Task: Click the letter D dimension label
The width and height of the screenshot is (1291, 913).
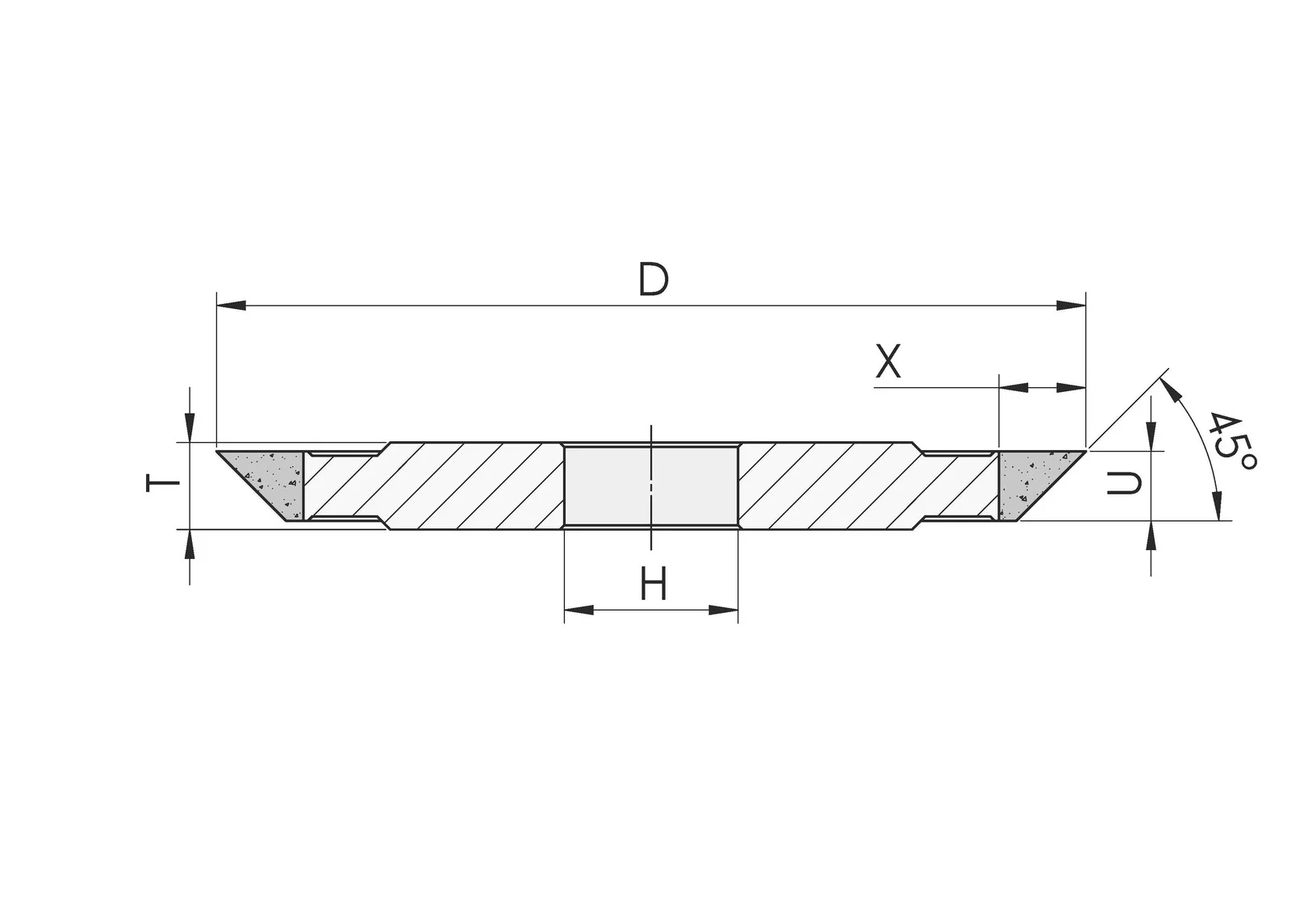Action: [654, 279]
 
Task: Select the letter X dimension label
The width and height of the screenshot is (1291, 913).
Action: [888, 361]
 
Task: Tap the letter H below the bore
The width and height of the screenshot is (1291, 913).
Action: [654, 583]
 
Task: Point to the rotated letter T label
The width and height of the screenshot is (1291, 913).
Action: [163, 482]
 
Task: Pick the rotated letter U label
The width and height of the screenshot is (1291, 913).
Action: [1124, 483]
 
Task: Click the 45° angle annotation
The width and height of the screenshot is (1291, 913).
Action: [1230, 441]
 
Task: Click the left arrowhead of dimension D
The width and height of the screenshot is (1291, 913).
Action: [231, 306]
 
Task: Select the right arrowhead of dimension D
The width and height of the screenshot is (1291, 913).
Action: [1071, 306]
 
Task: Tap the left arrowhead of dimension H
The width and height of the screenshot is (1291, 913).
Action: [579, 610]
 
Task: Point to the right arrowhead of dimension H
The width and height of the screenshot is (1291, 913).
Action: [723, 610]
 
